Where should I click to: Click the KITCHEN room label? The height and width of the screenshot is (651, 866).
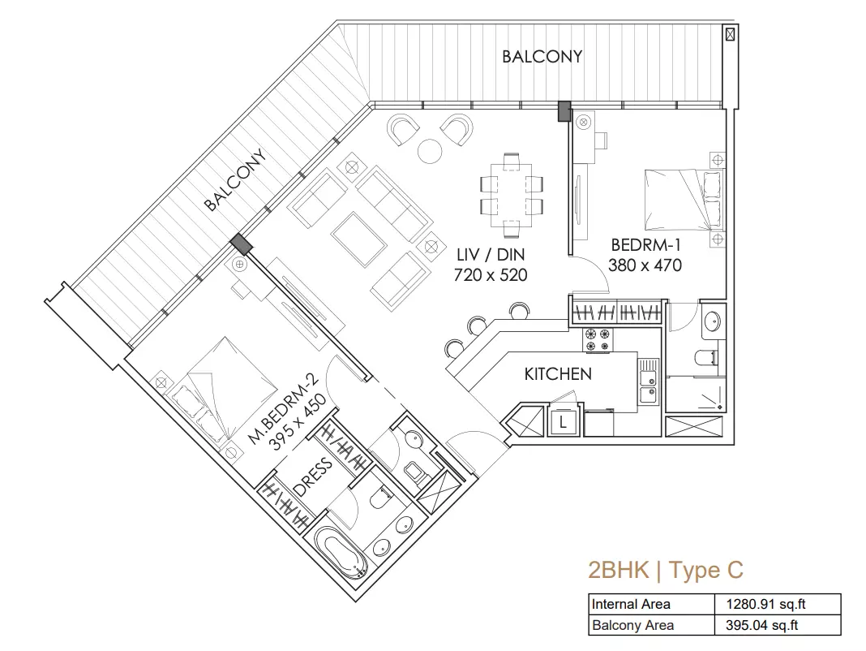[558, 374]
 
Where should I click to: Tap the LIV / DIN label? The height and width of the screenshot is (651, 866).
[491, 255]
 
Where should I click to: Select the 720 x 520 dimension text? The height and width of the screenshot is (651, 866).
[491, 275]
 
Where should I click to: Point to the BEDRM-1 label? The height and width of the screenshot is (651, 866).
[645, 245]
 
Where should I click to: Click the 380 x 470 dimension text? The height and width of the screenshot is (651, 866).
[645, 265]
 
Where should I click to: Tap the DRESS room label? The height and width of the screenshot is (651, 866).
[313, 477]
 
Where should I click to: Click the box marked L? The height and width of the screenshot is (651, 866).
[563, 423]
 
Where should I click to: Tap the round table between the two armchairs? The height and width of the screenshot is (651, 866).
[430, 150]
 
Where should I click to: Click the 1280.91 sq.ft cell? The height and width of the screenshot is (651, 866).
[765, 604]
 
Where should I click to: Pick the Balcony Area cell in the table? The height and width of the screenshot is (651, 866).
[632, 626]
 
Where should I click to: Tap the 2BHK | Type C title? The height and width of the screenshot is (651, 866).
[666, 571]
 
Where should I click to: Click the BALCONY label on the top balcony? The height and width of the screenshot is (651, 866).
[542, 57]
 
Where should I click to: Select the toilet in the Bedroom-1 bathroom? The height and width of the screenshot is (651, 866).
[706, 358]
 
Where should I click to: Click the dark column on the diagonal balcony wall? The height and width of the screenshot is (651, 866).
[241, 244]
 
